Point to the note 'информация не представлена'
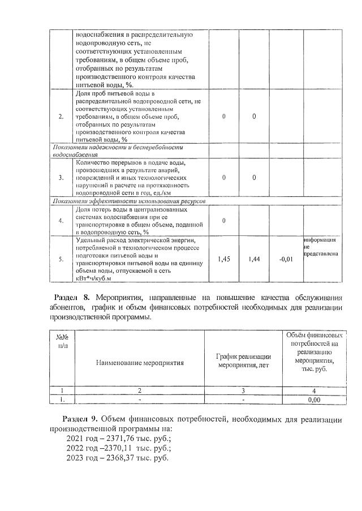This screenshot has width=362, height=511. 321,247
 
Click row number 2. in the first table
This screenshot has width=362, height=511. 61,116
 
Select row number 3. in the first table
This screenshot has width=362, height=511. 61,178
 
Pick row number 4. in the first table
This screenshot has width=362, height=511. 61,220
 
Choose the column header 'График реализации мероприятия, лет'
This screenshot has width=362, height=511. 244,360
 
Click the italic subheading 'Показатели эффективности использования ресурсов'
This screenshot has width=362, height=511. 129,201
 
